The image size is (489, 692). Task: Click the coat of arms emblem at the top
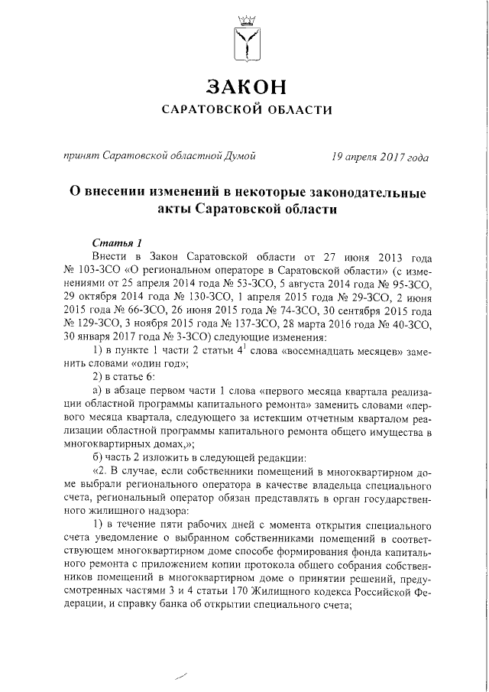[244, 38]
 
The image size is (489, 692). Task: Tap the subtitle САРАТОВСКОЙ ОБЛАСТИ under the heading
[244, 110]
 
